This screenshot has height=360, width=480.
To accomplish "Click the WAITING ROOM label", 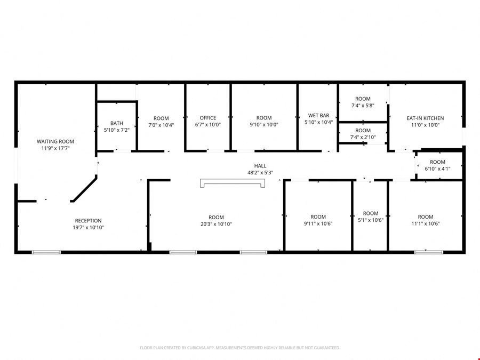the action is [55, 141].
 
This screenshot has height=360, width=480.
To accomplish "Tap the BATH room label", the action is [117, 123].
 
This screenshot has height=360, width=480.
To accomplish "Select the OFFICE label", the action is [208, 118].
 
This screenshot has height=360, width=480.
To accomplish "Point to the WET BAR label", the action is [319, 115].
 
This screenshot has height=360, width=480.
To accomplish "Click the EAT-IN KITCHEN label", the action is [425, 118].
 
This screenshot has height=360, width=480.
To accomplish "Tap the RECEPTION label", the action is [88, 221].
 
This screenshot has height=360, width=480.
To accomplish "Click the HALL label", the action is [260, 166].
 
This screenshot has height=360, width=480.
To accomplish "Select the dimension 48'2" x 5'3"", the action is [260, 173].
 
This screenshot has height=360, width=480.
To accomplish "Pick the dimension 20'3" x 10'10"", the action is [216, 224].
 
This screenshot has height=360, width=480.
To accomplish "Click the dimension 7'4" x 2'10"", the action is [363, 138].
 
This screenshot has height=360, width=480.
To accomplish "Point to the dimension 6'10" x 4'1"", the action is [437, 169].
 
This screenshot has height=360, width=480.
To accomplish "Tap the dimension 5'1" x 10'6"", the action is [371, 220].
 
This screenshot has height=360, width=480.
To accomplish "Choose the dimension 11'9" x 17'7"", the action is [55, 148].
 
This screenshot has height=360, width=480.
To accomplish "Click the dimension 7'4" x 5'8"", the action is [363, 106].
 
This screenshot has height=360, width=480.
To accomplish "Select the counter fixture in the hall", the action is [233, 183].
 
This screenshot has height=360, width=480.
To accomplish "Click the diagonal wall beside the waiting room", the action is [84, 189].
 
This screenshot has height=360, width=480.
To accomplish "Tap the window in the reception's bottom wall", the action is [46, 252].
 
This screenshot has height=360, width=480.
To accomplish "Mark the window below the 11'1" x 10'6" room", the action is [429, 252].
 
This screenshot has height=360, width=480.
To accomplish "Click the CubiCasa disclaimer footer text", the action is [240, 348].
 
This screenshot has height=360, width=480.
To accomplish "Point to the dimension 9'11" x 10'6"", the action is [318, 224].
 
